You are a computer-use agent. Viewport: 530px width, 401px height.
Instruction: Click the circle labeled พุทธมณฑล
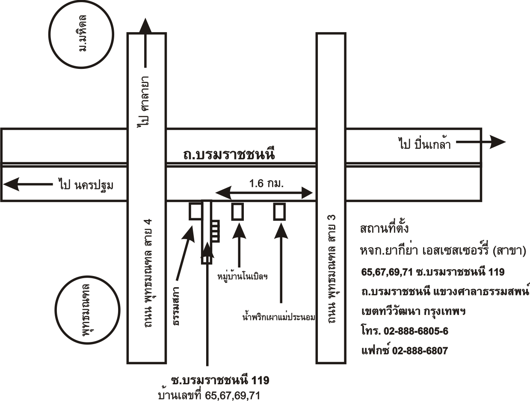point(56,310)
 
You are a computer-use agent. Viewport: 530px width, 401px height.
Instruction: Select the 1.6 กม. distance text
point(266,184)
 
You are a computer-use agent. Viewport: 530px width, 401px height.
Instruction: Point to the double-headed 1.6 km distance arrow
point(264,193)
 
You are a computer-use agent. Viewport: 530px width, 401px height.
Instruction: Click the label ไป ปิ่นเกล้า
point(424,143)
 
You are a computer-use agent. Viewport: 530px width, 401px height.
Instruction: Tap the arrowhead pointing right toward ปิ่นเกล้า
point(497,142)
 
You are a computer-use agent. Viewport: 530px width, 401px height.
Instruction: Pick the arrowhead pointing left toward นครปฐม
point(11,184)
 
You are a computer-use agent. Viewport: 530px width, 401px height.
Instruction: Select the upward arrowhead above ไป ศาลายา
point(145,26)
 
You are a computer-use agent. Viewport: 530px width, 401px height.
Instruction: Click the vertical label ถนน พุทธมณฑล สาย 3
point(332,269)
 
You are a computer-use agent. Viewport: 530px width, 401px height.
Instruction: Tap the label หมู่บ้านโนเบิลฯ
point(243,276)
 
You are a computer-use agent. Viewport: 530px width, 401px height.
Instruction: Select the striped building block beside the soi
point(216,231)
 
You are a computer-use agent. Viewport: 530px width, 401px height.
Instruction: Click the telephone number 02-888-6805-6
point(416,331)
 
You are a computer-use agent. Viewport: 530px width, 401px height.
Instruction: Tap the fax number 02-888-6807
point(420,351)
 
